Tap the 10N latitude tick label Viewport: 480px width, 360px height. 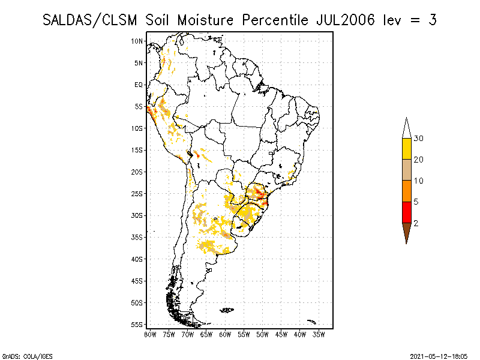click(x=137, y=41)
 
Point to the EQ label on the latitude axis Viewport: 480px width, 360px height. click(x=139, y=85)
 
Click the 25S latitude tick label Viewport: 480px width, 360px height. click(x=138, y=193)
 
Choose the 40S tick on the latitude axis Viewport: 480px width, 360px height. click(x=138, y=259)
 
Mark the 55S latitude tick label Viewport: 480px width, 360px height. click(x=138, y=325)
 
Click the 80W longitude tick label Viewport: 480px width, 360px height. click(x=150, y=334)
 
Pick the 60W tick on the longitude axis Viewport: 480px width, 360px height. click(x=225, y=334)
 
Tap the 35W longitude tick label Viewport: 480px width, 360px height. click(x=319, y=334)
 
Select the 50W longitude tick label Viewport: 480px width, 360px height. click(x=262, y=334)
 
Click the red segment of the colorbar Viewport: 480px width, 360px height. click(x=406, y=212)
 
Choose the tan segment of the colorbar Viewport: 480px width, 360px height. click(x=406, y=170)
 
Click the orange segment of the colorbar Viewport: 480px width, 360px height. click(x=406, y=191)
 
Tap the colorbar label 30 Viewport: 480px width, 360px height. click(x=419, y=139)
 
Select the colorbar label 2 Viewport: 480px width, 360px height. click(x=416, y=223)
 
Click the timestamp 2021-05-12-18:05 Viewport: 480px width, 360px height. click(x=440, y=355)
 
